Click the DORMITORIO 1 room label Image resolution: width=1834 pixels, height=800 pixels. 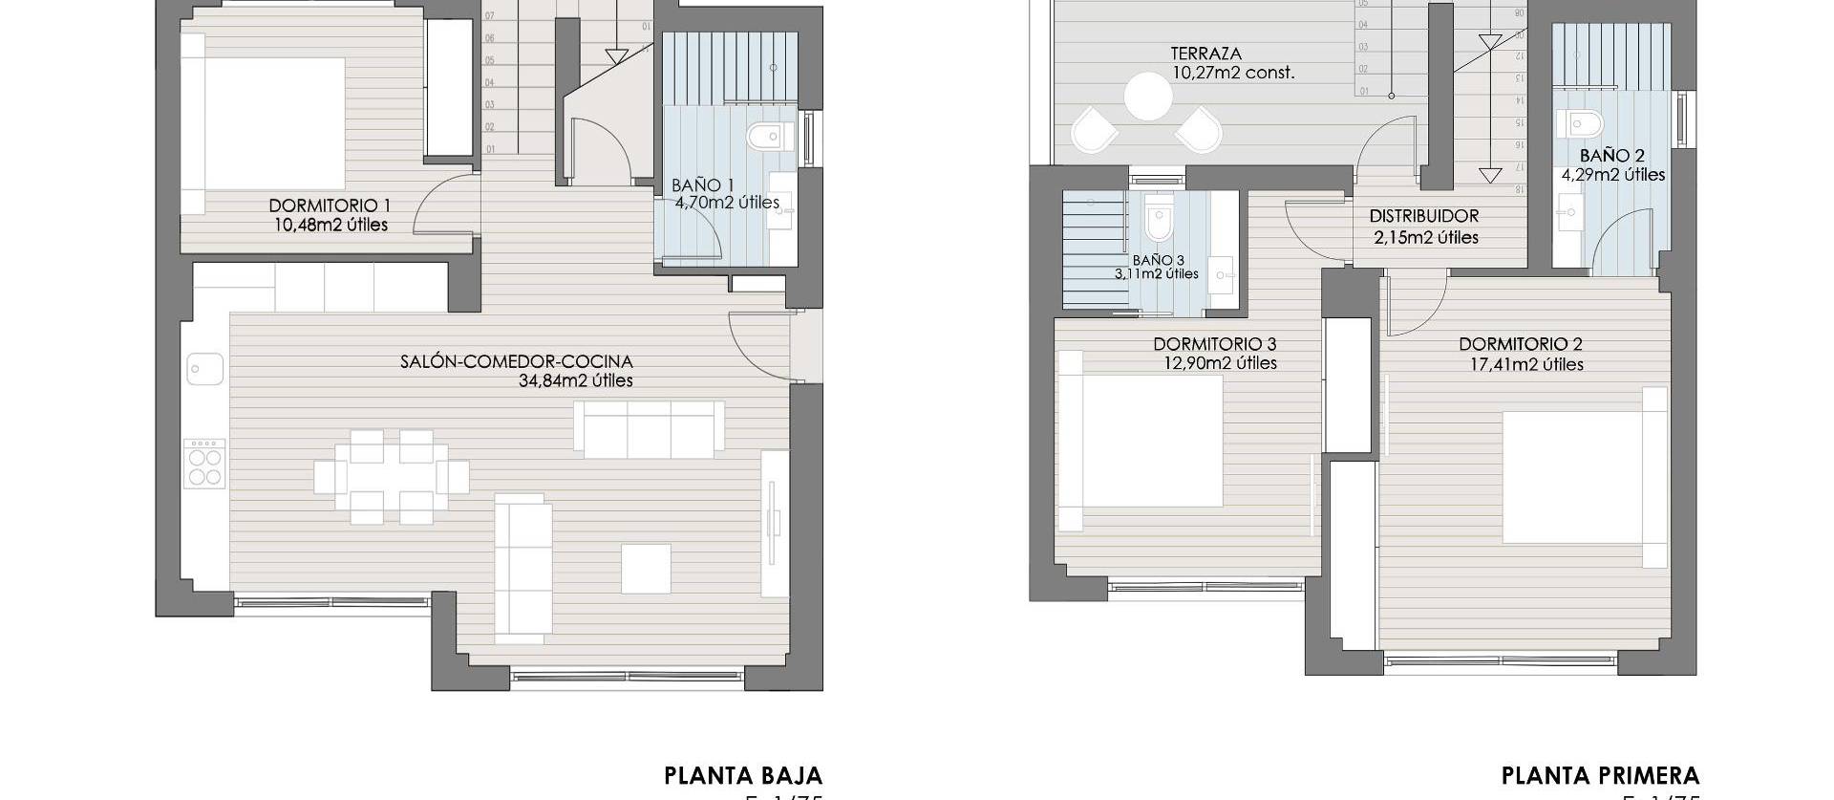point(330,205)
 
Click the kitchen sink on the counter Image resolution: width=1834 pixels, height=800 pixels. point(204,368)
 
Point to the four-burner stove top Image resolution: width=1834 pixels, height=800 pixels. point(204,464)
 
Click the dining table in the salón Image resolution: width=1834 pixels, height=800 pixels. point(391,477)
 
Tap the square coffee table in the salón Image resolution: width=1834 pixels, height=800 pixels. point(646,568)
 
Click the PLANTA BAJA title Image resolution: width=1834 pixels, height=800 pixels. point(742,774)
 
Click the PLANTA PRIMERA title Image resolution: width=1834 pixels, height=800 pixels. point(1600,774)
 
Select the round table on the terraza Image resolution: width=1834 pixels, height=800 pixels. point(1147,97)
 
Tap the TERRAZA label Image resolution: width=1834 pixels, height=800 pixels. point(1205,54)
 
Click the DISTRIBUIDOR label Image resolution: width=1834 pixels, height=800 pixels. point(1423,217)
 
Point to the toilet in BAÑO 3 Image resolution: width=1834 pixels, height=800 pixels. point(1159,222)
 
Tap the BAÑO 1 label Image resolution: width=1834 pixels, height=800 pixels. point(702,185)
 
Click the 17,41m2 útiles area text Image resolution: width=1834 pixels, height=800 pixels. point(1526,364)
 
